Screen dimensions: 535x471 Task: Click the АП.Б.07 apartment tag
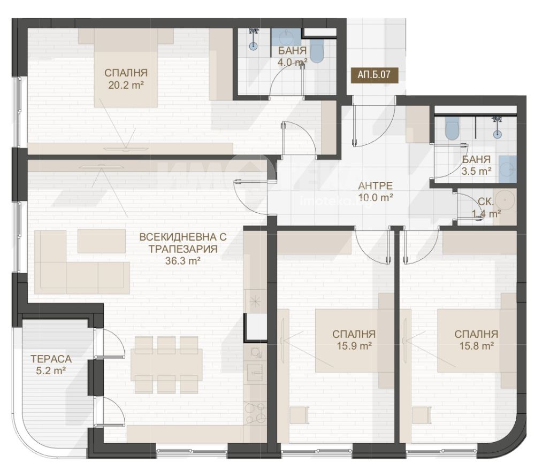coord(374,74)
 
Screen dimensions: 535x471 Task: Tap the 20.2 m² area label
coord(126,85)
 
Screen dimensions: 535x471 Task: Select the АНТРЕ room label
coord(376,186)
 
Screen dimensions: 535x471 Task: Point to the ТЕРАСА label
coord(51,359)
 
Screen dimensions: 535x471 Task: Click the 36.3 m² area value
coord(183,261)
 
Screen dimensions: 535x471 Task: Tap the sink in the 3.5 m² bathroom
coord(508,169)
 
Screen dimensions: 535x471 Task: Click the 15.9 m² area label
coord(354,346)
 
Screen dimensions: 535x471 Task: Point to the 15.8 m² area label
coord(477,346)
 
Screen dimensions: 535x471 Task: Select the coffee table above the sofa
coord(101,241)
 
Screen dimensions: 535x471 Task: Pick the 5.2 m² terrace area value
coord(51,370)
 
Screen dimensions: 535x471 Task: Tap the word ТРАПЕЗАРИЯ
coord(183,249)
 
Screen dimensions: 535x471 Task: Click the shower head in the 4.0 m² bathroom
coord(253,32)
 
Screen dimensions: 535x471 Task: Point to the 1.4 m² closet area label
coord(486,214)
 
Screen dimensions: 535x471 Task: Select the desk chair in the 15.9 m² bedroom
coord(300,415)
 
